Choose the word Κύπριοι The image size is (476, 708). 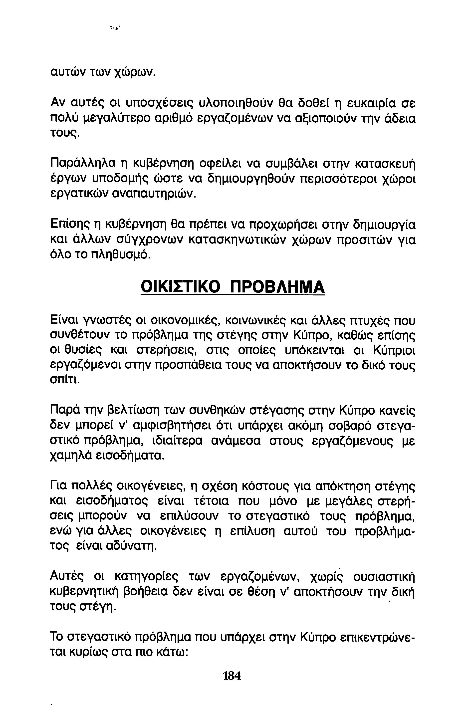pos(394,350)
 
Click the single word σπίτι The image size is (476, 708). pos(64,380)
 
